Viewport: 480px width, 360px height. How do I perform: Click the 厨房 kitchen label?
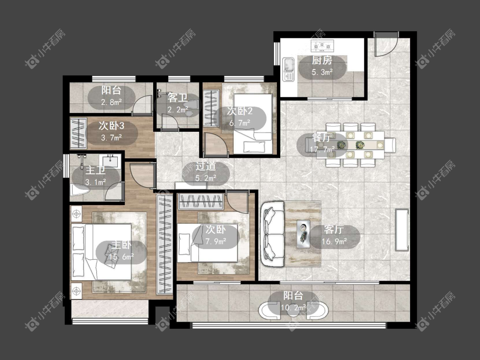322,60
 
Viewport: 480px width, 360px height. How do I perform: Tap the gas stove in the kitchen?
323,46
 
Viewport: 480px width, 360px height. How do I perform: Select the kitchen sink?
288,69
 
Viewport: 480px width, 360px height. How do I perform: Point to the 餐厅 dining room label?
321,138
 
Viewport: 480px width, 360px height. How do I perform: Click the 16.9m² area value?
334,241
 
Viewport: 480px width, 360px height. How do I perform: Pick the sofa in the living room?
272,234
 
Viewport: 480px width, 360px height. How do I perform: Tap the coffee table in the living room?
304,234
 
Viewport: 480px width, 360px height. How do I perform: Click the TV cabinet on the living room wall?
401,230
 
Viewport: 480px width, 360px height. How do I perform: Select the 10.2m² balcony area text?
293,307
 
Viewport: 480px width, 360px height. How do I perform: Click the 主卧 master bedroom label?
121,245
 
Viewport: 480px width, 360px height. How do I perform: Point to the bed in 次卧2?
253,124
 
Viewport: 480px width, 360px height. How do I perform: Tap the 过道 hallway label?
206,166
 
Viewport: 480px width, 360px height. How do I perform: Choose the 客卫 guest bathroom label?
177,98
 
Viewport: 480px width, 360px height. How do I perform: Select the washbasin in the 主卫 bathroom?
111,161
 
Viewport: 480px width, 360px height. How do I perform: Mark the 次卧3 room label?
111,126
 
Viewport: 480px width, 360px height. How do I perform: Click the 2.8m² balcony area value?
111,102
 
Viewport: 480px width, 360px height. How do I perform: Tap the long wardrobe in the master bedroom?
164,245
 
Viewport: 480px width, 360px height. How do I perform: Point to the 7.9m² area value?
216,241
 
